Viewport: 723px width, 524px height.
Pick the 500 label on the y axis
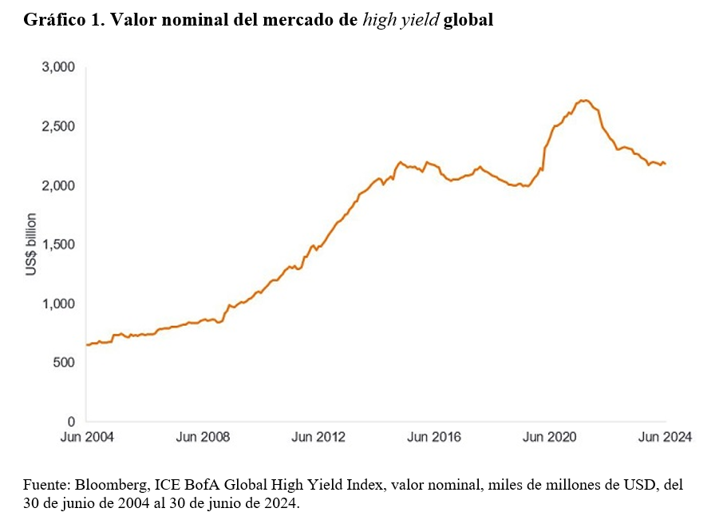(x=64, y=363)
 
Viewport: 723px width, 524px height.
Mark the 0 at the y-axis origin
(x=70, y=422)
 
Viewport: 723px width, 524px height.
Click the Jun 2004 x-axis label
(x=86, y=437)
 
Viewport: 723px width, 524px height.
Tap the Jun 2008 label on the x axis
(x=202, y=437)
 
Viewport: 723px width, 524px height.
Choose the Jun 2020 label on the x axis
(x=550, y=437)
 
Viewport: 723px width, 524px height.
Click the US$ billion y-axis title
(x=30, y=244)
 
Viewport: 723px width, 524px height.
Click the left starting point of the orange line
(x=86, y=345)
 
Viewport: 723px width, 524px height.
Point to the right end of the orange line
(x=666, y=165)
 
